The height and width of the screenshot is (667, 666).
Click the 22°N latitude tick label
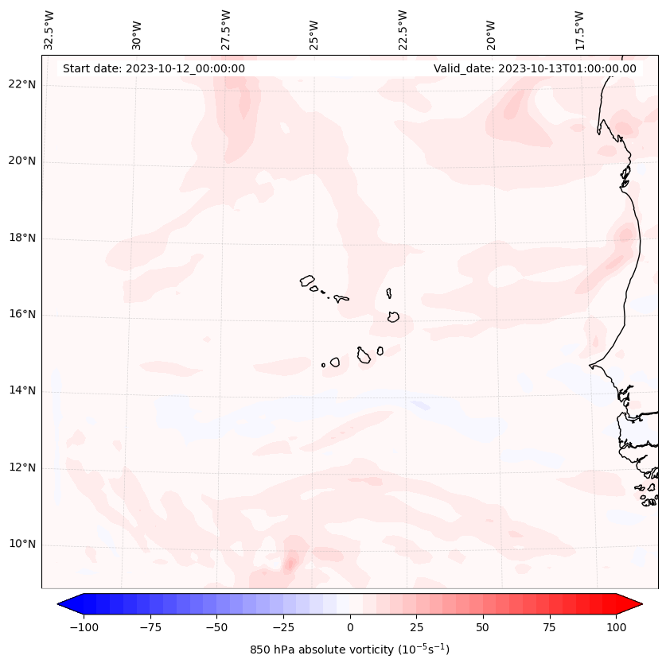coord(22,85)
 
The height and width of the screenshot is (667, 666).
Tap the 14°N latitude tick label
coord(22,391)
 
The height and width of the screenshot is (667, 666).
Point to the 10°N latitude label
coord(22,545)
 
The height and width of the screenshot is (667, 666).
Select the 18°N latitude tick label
coord(22,238)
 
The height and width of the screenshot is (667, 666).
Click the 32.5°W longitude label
coord(49,30)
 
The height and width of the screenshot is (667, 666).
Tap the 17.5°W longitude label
coord(580,30)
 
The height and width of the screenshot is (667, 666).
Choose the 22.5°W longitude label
coord(403,30)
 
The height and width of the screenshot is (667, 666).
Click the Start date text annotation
coord(154,68)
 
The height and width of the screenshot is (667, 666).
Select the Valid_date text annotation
coord(535,68)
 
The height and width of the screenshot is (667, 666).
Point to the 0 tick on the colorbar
coord(350,628)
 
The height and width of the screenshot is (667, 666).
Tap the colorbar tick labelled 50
coord(483,628)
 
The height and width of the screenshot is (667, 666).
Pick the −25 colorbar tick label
coord(283,628)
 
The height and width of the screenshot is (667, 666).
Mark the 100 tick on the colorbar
coord(616,628)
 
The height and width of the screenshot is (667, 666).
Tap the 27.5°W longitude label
coord(226,30)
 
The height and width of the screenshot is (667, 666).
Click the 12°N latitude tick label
coord(22,468)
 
